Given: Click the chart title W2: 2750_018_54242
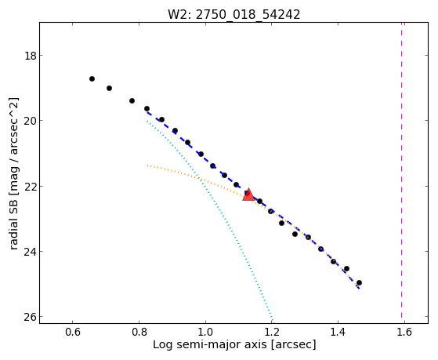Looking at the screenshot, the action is (x=233, y=14).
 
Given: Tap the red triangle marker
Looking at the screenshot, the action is (x=248, y=195).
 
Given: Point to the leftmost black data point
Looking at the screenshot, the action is (x=92, y=79).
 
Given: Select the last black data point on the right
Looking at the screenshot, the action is (x=359, y=283).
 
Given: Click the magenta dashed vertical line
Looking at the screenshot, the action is (x=402, y=170).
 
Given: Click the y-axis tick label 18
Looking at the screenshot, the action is (x=31, y=56).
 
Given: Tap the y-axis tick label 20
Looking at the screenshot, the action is (x=31, y=121).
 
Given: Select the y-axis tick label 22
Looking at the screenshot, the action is (x=31, y=186).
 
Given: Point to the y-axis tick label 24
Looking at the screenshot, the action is (x=31, y=251).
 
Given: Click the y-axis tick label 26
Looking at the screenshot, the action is (x=31, y=317).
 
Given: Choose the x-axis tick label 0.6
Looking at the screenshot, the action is (x=73, y=332).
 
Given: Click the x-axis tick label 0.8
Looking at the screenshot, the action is (x=139, y=332).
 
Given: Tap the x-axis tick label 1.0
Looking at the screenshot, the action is (x=205, y=332).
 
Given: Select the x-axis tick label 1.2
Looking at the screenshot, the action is (x=272, y=332).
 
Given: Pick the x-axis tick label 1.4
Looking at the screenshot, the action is (x=338, y=332).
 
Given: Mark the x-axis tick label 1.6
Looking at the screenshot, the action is (x=404, y=332).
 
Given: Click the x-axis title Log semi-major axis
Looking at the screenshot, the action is (x=210, y=344).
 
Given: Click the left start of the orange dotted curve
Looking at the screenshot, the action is (x=147, y=165).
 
